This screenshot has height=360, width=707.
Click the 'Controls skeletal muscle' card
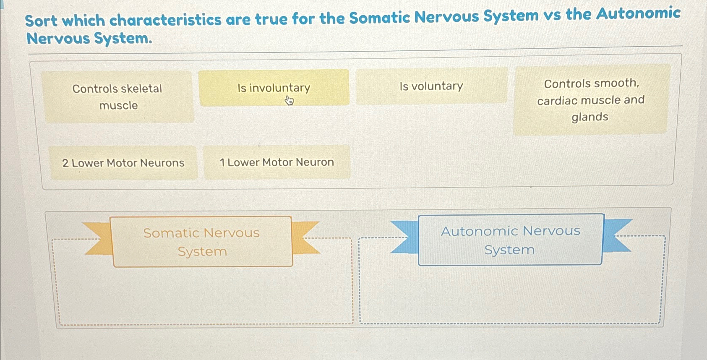click(117, 97)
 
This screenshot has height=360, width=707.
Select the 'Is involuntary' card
click(274, 88)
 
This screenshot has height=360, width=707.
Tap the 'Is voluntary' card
click(431, 86)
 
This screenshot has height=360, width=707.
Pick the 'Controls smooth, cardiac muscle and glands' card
click(590, 100)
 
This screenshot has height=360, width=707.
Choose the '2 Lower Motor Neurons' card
click(123, 163)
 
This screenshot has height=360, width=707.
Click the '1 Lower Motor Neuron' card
click(277, 162)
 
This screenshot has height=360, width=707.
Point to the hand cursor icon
click(290, 101)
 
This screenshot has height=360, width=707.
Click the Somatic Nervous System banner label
click(202, 242)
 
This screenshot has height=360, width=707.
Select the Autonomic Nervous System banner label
click(510, 240)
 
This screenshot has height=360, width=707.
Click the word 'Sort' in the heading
click(41, 21)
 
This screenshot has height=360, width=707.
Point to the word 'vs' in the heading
click(552, 16)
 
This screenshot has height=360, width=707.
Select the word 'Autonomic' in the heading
click(638, 13)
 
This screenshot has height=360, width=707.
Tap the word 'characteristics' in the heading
click(165, 20)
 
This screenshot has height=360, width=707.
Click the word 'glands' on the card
click(590, 117)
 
